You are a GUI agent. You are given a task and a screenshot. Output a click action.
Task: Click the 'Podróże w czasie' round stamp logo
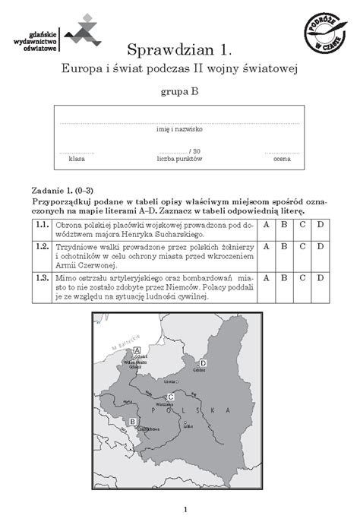click(x=318, y=33)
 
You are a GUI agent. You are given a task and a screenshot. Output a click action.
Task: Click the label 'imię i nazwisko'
click(x=180, y=129)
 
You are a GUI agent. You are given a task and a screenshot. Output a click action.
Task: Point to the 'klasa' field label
click(x=77, y=159)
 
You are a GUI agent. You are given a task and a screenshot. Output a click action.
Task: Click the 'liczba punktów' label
click(x=180, y=159)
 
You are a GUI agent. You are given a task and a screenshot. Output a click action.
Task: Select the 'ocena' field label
click(x=282, y=159)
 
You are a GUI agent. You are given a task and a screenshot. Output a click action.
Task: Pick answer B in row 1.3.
click(x=284, y=278)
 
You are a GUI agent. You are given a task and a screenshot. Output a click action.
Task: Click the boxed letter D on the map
click(x=203, y=363)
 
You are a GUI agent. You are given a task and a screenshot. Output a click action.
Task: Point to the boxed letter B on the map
click(x=133, y=421)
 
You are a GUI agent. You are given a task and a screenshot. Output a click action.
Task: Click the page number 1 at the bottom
click(x=180, y=508)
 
